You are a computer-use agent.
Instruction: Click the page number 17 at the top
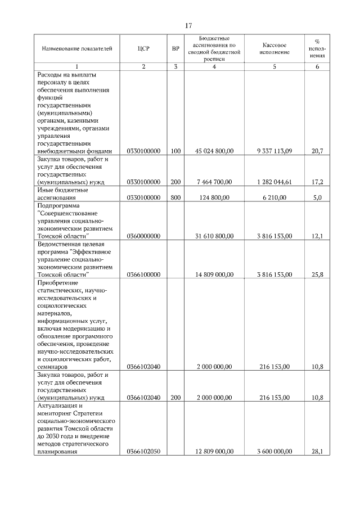[x=188, y=25]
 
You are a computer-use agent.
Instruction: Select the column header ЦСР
[x=143, y=48]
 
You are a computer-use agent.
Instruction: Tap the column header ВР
[x=175, y=48]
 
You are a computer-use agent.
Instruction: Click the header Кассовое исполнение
[x=274, y=48]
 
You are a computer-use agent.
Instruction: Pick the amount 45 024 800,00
[x=214, y=151]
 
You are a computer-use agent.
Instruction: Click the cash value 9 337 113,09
[x=274, y=151]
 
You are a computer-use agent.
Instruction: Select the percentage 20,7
[x=317, y=151]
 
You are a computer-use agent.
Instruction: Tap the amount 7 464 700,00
[x=214, y=182]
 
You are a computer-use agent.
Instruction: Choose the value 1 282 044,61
[x=274, y=182]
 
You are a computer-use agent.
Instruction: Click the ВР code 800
[x=175, y=197]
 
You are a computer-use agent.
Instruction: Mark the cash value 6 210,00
[x=274, y=197]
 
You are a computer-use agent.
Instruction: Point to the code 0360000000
[x=144, y=236]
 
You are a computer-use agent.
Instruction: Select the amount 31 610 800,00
[x=214, y=236]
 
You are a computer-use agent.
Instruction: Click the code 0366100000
[x=144, y=274]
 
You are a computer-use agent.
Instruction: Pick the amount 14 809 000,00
[x=214, y=274]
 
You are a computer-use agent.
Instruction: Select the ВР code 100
[x=175, y=151]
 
